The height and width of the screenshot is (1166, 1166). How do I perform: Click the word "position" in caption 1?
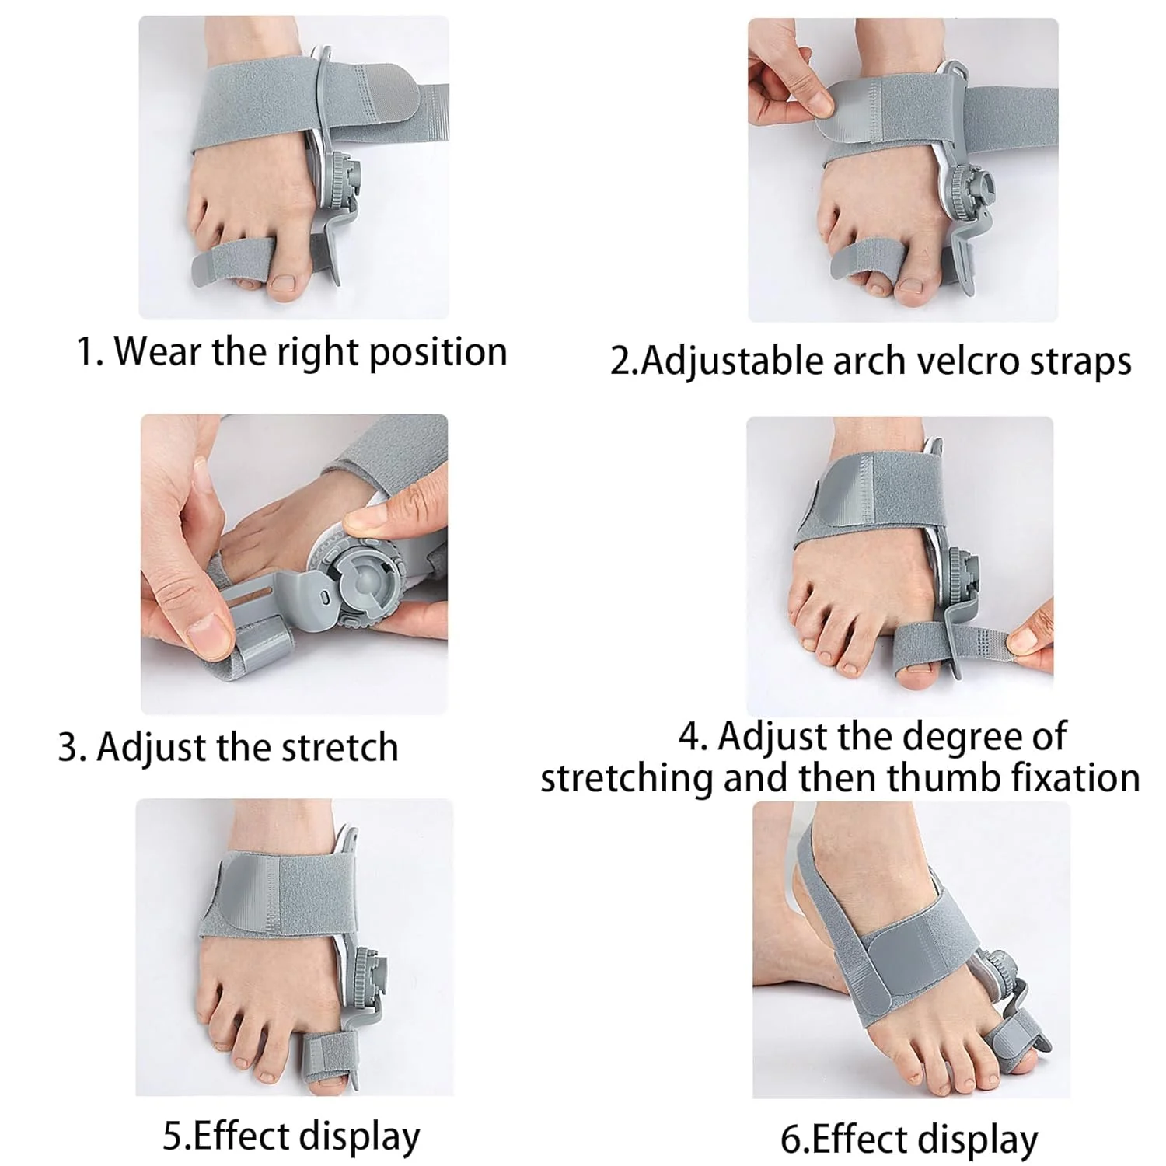[x=438, y=352]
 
